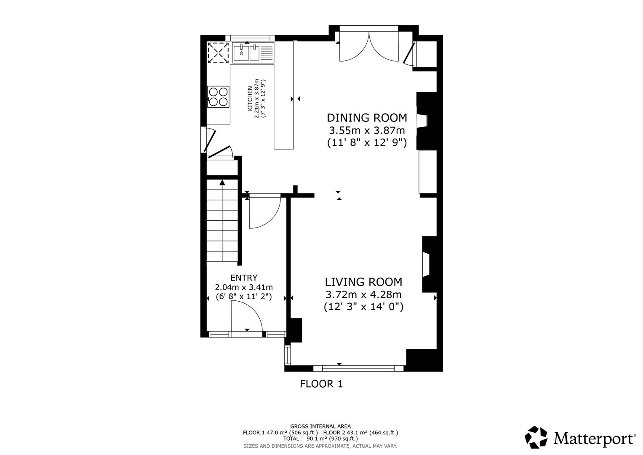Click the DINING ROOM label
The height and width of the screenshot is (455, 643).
[367, 118]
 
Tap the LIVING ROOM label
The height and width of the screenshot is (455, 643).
[363, 282]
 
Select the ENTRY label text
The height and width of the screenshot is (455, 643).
[244, 278]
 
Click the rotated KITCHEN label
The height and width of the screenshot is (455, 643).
[250, 99]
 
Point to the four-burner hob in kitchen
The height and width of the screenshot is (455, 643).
[219, 96]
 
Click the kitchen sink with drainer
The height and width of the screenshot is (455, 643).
[252, 53]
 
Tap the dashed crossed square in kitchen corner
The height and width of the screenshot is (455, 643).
[218, 53]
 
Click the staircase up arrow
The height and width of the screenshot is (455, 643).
[222, 182]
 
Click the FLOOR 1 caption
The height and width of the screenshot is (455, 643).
[321, 384]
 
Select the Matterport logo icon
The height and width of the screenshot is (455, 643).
[536, 437]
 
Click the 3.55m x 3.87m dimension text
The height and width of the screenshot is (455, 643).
[367, 130]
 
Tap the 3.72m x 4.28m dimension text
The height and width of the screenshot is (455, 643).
[363, 294]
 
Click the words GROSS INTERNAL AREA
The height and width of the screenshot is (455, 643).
[320, 426]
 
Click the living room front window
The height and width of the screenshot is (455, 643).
[358, 368]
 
